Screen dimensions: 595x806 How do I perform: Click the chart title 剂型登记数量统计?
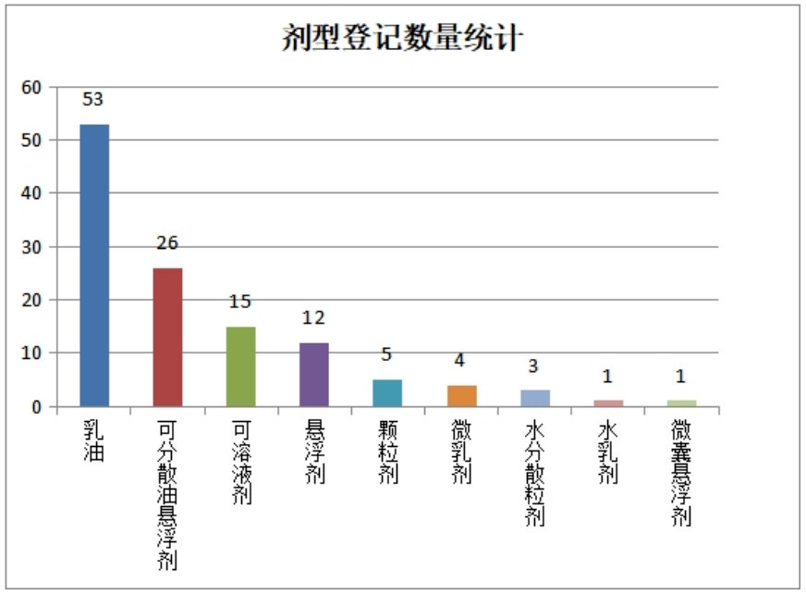(403, 39)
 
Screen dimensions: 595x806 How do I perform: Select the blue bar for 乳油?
(94, 265)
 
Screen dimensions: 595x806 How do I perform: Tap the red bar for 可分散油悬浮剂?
(167, 337)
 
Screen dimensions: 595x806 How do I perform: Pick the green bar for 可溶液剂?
(240, 366)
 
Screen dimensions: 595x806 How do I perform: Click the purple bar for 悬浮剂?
(314, 375)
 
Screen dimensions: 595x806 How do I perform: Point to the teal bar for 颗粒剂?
(387, 393)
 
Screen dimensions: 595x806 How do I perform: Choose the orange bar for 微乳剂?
(461, 396)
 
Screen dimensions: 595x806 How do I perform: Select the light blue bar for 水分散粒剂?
(534, 399)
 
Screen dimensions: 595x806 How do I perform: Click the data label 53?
(93, 100)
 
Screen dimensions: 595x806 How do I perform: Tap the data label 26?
(167, 243)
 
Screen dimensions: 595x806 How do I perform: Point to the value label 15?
(240, 303)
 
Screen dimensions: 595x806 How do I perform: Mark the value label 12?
(314, 318)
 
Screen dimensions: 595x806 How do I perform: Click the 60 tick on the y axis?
(33, 87)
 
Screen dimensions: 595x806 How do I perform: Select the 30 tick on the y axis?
(33, 247)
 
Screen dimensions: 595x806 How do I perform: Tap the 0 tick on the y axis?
(38, 407)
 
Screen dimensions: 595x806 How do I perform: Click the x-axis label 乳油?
(94, 441)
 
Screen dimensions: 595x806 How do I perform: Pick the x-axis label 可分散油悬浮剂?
(167, 494)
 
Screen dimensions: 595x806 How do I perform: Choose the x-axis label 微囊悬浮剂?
(681, 472)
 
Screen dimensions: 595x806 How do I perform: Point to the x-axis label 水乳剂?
(607, 452)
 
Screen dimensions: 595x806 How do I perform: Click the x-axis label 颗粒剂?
(387, 452)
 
